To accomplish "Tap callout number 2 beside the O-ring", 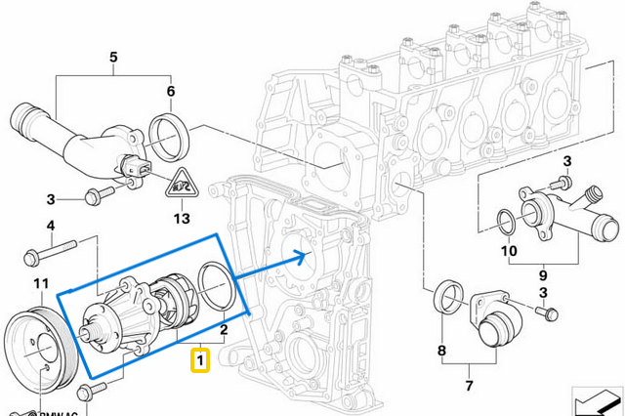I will pyautogui.click(x=224, y=331).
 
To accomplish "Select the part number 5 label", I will pyautogui.click(x=112, y=58).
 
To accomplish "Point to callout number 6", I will pyautogui.click(x=171, y=92).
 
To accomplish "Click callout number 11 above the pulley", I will pyautogui.click(x=40, y=284).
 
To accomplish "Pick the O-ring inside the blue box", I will pyautogui.click(x=215, y=282).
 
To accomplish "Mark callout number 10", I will pyautogui.click(x=509, y=251).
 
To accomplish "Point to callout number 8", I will pyautogui.click(x=441, y=351).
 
